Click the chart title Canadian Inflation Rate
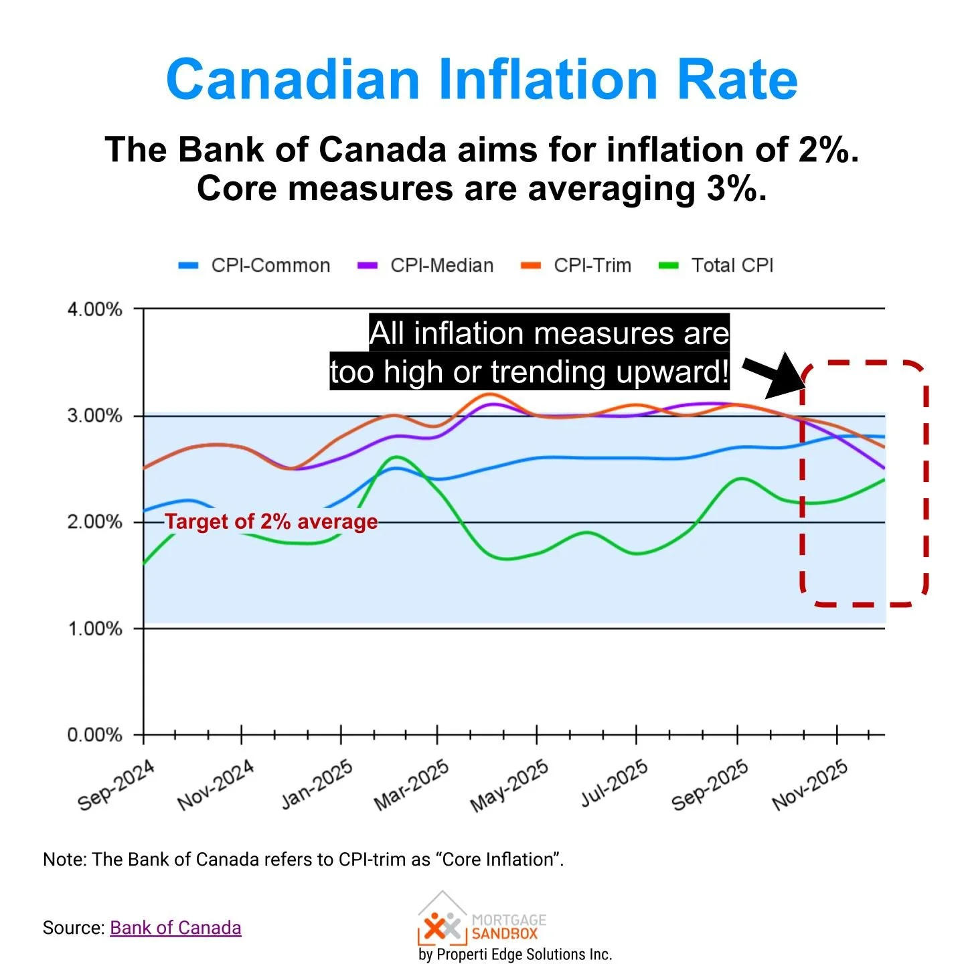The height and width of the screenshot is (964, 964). pos(481,79)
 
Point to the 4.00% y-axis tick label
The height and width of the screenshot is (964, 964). pos(94,309)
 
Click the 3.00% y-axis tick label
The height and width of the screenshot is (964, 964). pos(94,416)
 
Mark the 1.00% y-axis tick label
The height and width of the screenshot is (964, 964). pos(94,629)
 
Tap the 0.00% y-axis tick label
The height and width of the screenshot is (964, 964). pos(94,735)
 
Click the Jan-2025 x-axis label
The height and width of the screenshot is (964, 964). pos(317,785)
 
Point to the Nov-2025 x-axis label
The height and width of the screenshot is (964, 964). pos(810,785)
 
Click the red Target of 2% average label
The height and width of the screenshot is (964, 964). pos(271,521)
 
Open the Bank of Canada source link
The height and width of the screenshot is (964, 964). pos(175,928)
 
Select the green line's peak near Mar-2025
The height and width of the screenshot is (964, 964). pos(398,457)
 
